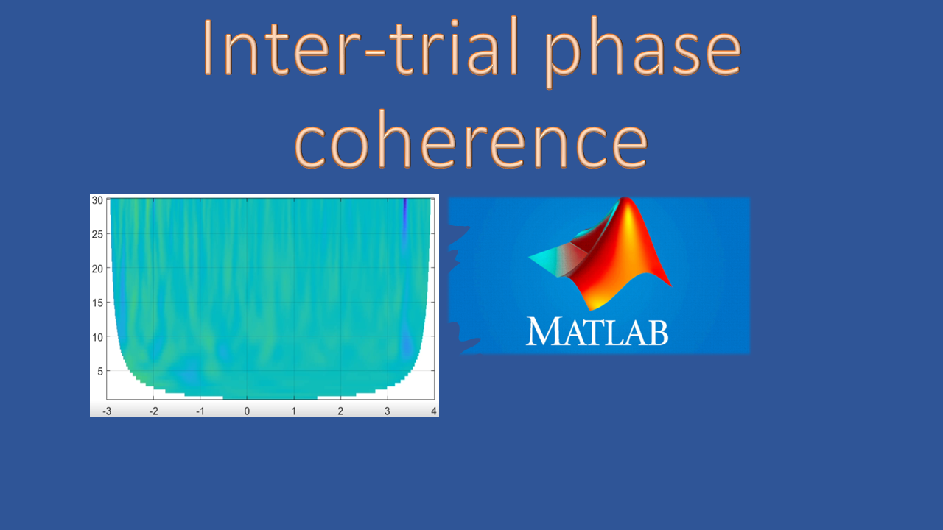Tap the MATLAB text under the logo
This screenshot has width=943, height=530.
pos(597,331)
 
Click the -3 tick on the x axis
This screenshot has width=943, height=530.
pos(107,410)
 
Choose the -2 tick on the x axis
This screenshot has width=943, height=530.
pos(153,410)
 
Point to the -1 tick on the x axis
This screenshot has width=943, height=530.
pos(200,410)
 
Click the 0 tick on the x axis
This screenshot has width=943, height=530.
pos(247,410)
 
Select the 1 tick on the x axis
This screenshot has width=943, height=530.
pos(294,410)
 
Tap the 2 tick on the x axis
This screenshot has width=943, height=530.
pos(340,410)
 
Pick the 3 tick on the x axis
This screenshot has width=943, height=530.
pos(387,410)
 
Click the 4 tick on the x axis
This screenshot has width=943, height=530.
pos(433,410)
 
